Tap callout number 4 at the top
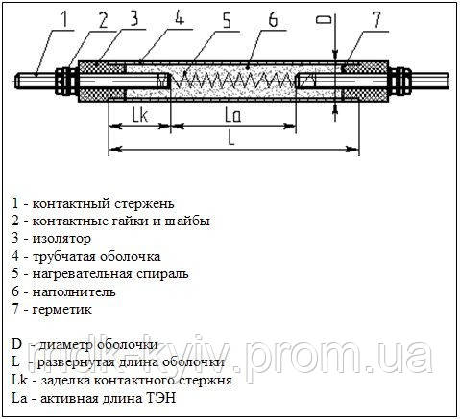pos(180,17)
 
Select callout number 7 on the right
pos(375,19)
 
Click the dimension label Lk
pos(140,115)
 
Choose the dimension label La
pos(232,115)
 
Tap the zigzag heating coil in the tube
pos(234,80)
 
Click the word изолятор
pos(61,239)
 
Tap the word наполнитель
pos(74,291)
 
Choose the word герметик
pos(62,310)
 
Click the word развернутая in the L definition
pos(76,362)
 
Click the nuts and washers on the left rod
pos(66,81)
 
